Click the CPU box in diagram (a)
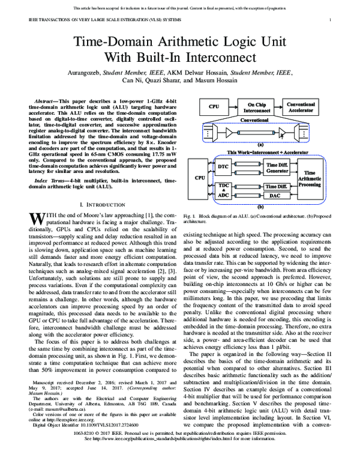pos(214,107)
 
